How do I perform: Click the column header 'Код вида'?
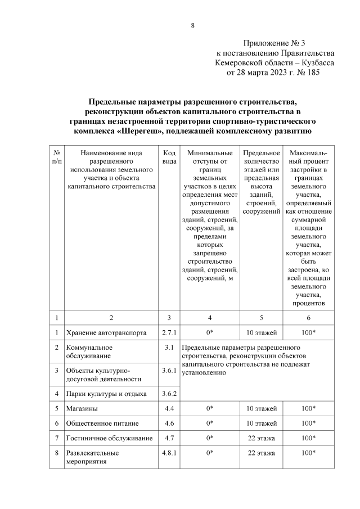click(169, 156)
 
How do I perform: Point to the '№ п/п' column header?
click(57, 156)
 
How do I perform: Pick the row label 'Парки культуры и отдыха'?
click(106, 394)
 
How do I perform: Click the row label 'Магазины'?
click(82, 408)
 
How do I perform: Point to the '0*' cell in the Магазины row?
click(209, 408)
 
